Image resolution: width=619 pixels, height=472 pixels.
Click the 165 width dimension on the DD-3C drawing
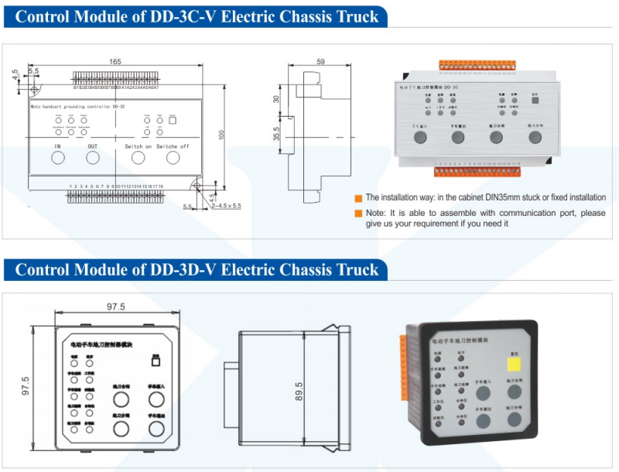[x=115, y=62]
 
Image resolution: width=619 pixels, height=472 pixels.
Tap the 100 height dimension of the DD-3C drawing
[x=221, y=135]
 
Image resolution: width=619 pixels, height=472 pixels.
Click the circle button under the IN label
[x=57, y=158]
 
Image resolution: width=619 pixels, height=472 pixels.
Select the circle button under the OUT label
[x=93, y=158]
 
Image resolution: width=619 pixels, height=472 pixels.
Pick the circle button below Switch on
[x=138, y=158]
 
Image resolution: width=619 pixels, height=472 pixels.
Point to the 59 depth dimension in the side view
[x=321, y=62]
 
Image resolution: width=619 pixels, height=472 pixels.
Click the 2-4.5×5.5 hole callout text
[x=224, y=206]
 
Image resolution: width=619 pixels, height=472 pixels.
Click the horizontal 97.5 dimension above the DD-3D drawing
[x=116, y=306]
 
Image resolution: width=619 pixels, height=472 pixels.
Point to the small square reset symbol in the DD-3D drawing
[x=156, y=361]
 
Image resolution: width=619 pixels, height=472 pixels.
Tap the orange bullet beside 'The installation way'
[x=358, y=198]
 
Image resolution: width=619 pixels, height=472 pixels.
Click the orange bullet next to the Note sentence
[x=358, y=213]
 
